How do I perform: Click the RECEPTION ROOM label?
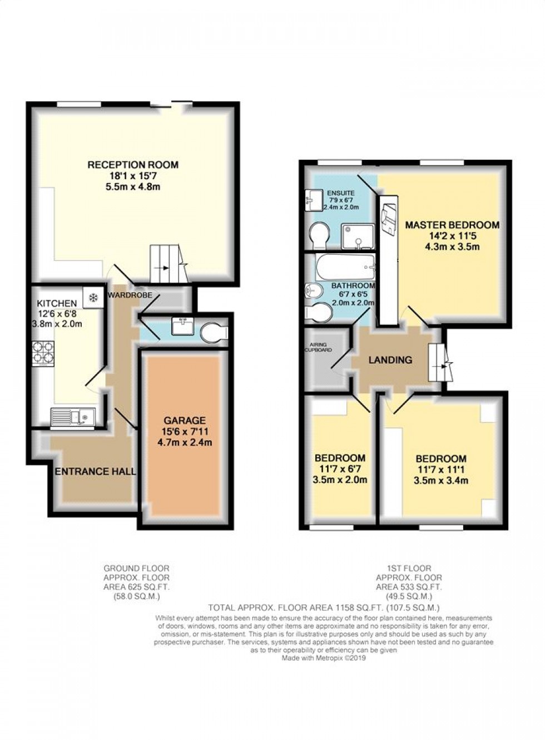[x=133, y=165]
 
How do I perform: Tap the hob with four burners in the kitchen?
[x=43, y=353]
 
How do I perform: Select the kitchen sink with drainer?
[x=73, y=416]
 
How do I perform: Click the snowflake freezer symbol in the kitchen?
[x=93, y=298]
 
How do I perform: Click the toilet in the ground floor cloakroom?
[x=214, y=333]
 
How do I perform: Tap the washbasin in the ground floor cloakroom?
[x=182, y=326]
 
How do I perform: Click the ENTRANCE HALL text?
[x=95, y=471]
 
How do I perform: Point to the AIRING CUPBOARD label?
[x=319, y=347]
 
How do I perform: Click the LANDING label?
[x=390, y=360]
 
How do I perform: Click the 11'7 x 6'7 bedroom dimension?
[x=340, y=469]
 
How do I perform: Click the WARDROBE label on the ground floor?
[x=130, y=295]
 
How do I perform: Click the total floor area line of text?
[x=324, y=608]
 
